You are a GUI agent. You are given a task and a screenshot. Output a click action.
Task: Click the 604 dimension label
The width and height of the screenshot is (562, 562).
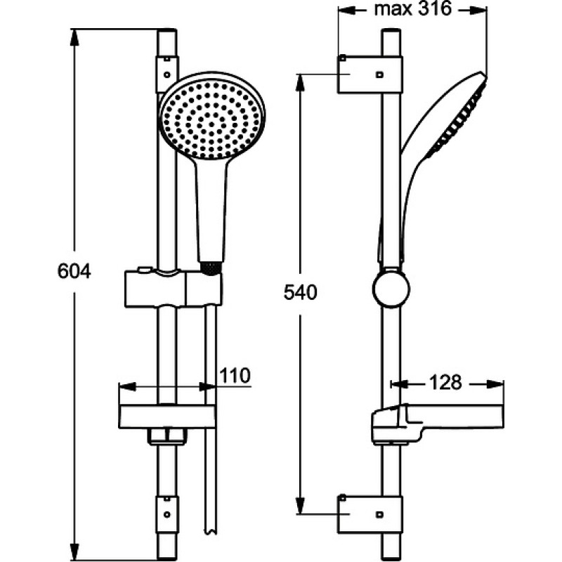point(74,271)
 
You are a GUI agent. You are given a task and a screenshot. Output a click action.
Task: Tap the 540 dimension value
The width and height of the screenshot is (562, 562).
point(301,292)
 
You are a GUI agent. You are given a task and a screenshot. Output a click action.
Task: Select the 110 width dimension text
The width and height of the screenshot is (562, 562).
point(235,375)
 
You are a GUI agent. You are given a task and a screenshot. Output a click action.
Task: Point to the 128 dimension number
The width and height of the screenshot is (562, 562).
point(445,382)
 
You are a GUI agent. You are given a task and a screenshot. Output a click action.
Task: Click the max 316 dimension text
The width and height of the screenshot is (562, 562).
point(412,8)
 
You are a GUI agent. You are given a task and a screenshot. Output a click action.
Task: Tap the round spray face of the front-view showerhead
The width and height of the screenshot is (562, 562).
point(211,120)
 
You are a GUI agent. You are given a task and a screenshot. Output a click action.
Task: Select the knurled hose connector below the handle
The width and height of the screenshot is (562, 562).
point(211,269)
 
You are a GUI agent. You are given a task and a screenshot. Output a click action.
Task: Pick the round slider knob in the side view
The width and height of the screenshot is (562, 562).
point(391,289)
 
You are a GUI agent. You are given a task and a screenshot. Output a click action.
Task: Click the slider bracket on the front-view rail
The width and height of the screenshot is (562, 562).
point(173,289)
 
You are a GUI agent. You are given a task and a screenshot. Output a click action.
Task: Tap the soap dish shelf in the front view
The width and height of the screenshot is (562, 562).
point(166,417)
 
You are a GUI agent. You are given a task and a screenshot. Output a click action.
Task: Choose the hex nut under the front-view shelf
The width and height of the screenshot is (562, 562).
point(166,437)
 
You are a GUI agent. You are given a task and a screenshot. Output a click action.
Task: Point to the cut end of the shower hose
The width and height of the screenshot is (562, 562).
point(210,532)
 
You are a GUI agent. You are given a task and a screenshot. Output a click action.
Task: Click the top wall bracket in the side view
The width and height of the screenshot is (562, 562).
point(370,74)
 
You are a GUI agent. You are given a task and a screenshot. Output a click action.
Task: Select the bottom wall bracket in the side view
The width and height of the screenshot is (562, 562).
point(370,514)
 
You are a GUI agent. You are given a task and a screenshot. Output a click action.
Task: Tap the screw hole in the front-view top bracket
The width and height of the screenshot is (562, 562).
point(166,75)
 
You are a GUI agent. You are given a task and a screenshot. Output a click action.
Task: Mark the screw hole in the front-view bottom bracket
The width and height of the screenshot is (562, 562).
point(166,514)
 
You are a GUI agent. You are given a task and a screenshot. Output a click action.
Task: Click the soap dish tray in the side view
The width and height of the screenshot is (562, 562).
point(437,423)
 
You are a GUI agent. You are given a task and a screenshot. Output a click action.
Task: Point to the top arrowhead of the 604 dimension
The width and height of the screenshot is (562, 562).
point(74,37)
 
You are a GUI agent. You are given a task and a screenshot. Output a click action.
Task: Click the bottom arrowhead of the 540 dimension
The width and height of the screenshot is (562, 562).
point(300,506)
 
